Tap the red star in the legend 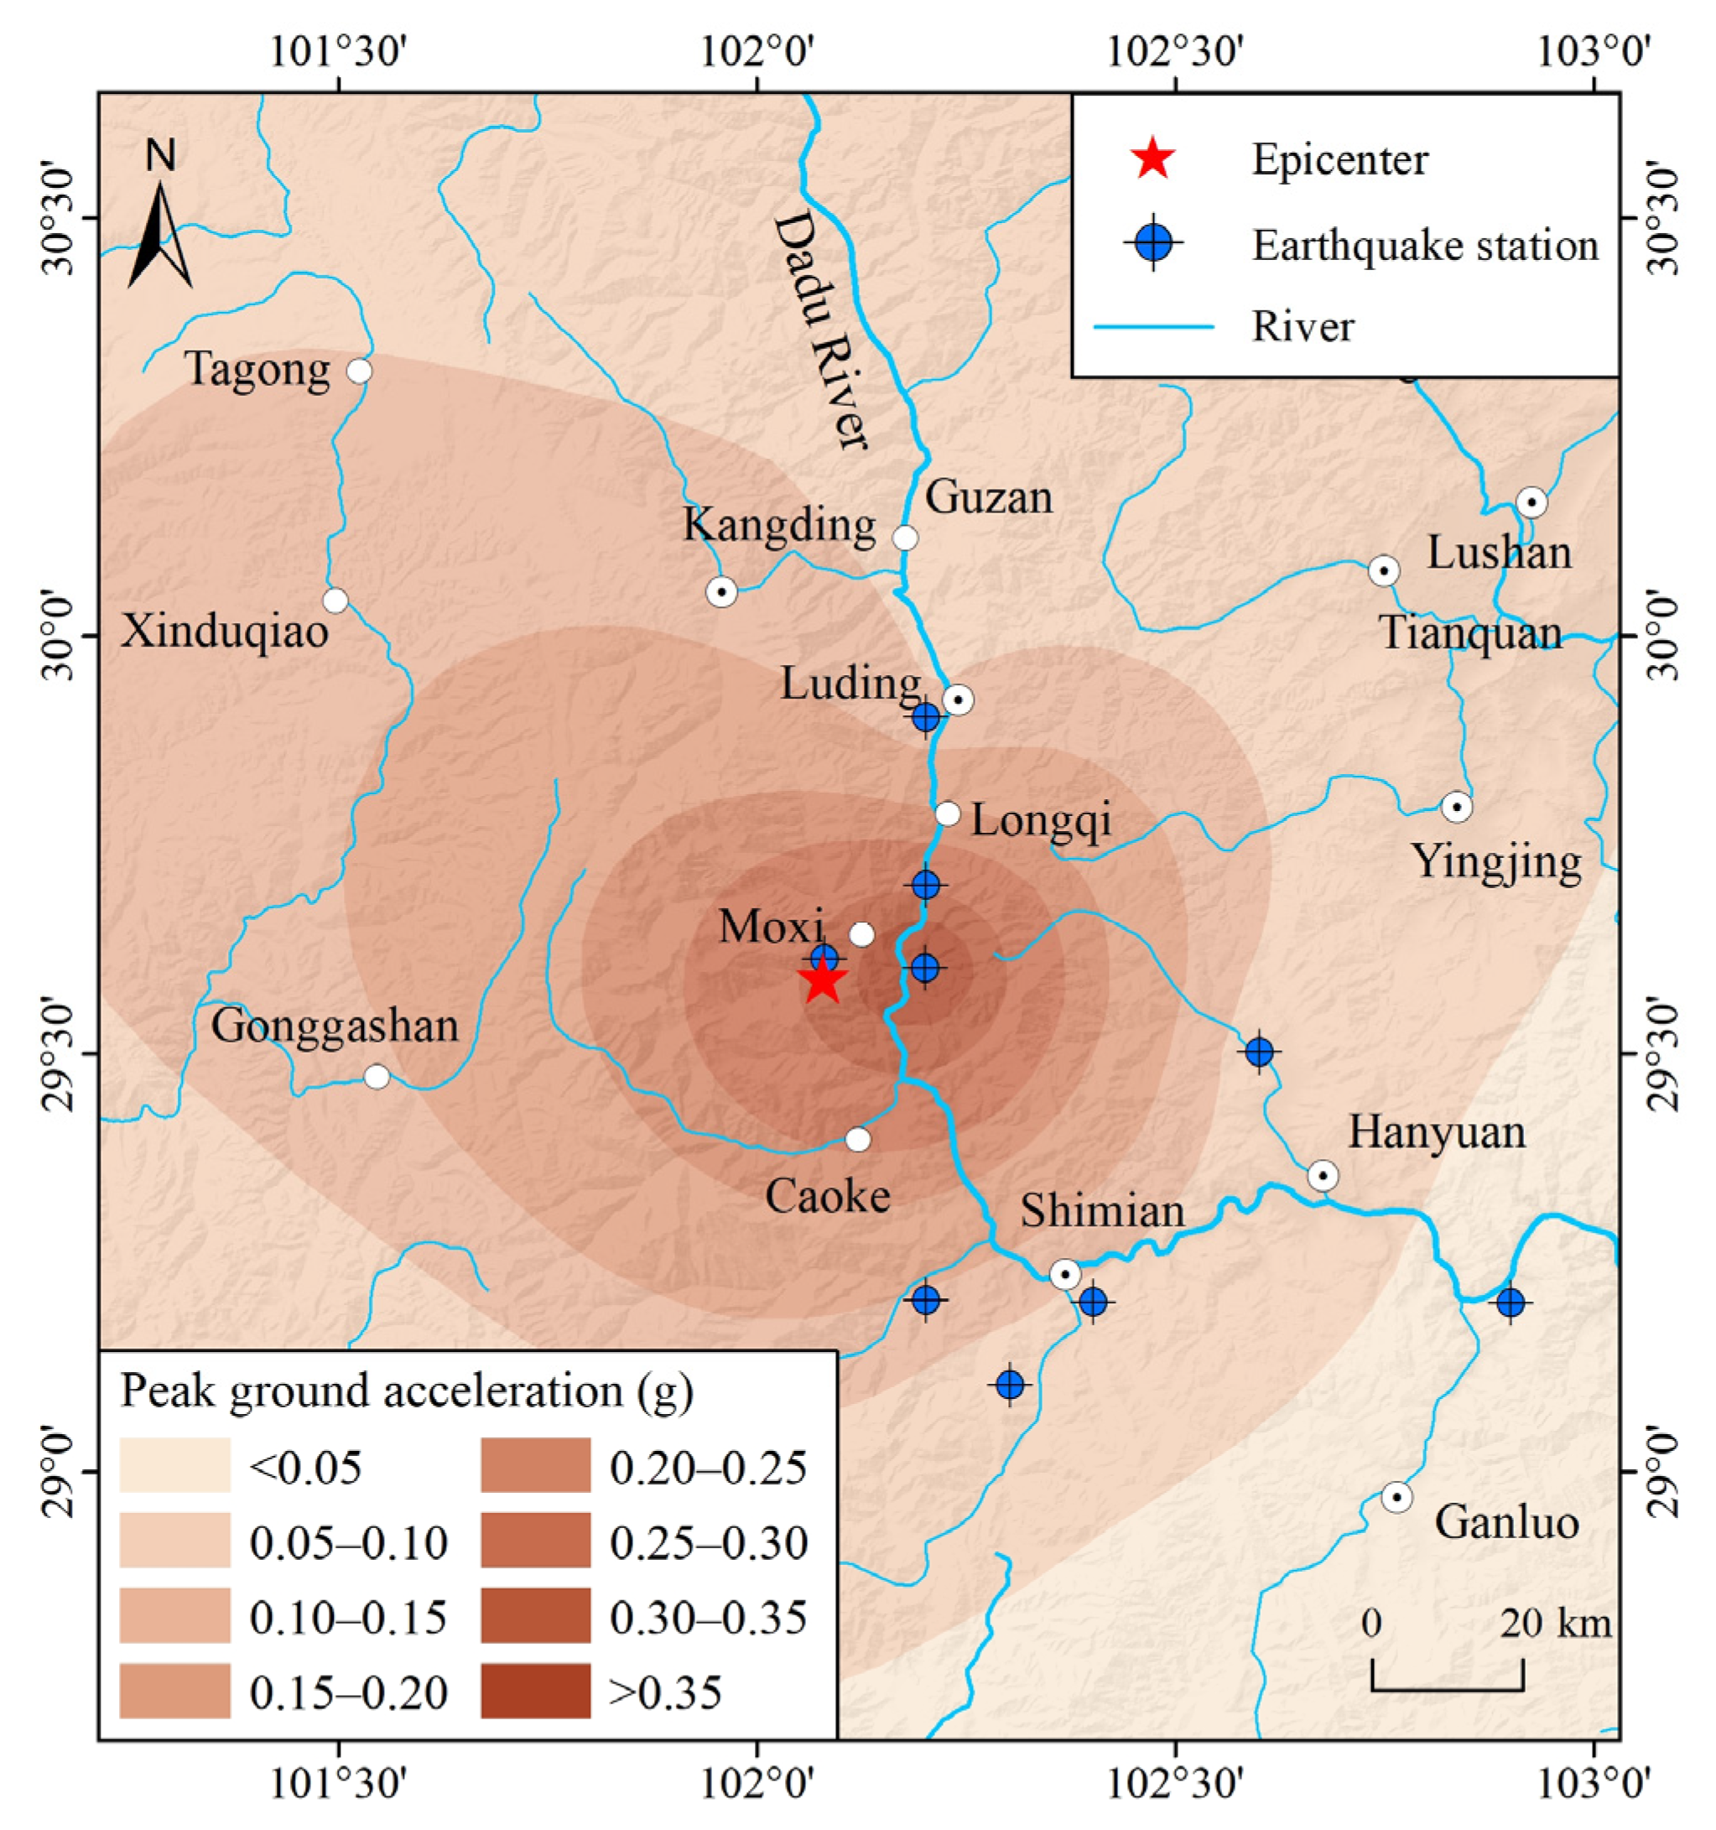(1152, 159)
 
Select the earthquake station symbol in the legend (1152, 244)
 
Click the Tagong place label (257, 370)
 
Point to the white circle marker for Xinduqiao (335, 600)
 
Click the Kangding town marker (722, 592)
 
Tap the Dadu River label (819, 331)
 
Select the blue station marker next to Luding (926, 717)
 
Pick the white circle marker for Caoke (857, 1140)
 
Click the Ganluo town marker (1396, 1498)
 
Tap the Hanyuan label (1436, 1132)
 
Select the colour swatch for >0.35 (535, 1690)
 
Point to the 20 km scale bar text (1556, 1623)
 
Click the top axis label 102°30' (1176, 54)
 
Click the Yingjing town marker (1455, 808)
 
